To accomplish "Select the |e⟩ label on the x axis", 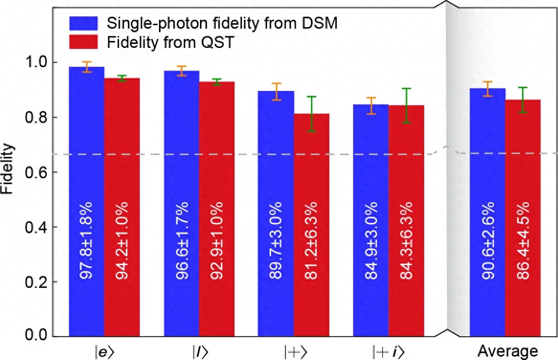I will point(104,351).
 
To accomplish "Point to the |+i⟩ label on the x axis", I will point(389,351).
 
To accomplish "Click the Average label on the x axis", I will point(507,351).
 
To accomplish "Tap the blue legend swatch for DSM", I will point(83,23).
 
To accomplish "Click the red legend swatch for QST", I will point(83,42).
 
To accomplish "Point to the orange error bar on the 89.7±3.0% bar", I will point(276,91).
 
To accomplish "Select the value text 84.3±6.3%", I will point(406,240).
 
